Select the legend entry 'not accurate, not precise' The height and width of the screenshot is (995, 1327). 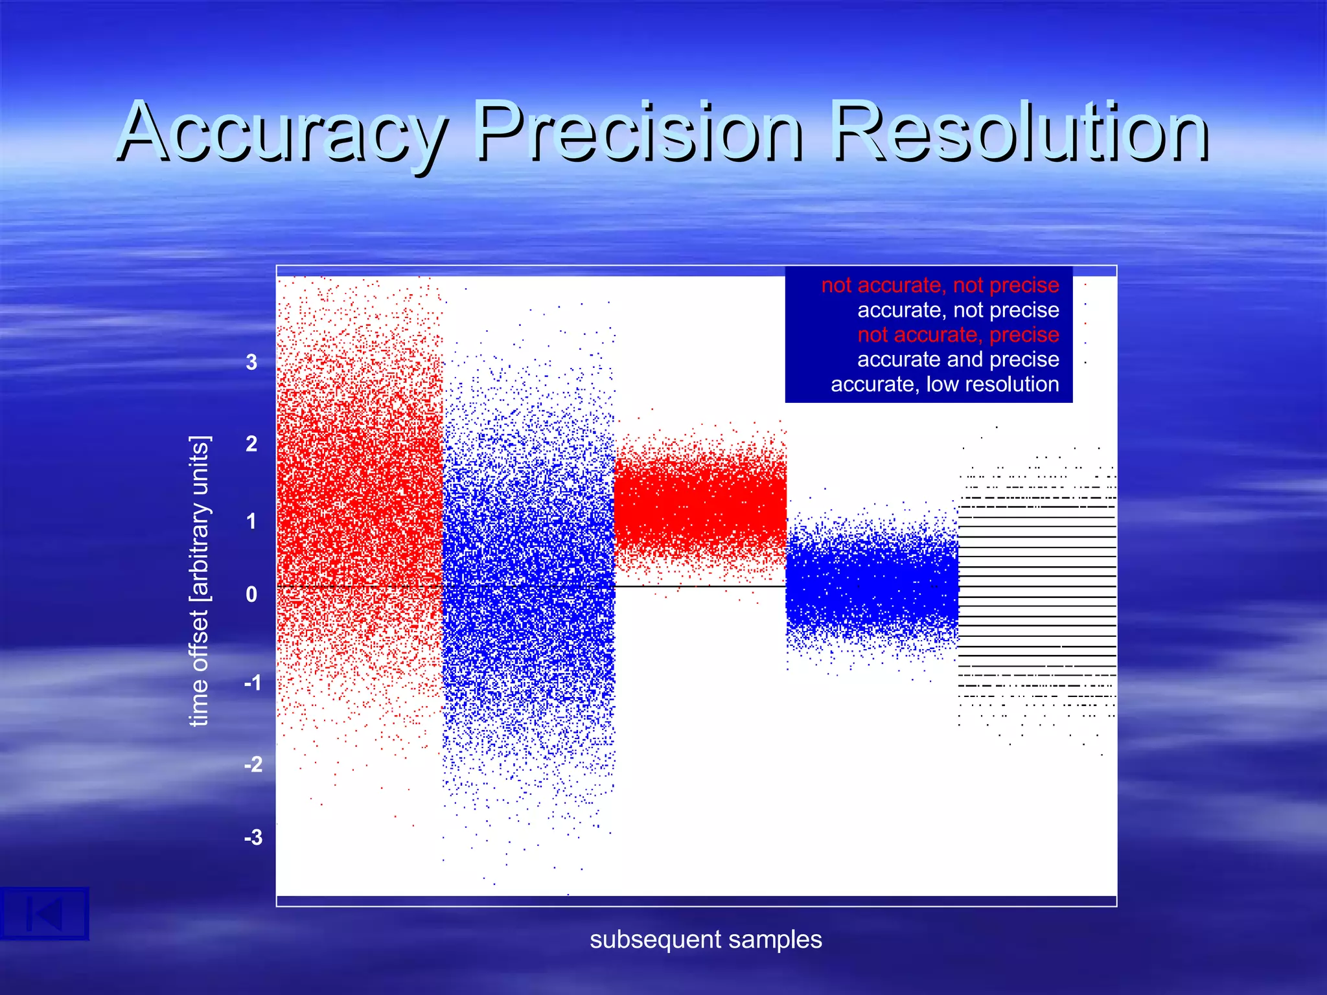click(x=940, y=285)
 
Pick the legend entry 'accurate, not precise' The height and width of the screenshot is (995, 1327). click(x=958, y=310)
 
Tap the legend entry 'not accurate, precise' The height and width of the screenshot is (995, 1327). click(x=958, y=335)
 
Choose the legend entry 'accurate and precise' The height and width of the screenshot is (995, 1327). click(x=958, y=360)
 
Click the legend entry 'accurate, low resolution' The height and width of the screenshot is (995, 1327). click(x=945, y=384)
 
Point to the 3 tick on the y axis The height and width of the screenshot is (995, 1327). click(x=251, y=362)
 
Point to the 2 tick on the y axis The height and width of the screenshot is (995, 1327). click(x=251, y=444)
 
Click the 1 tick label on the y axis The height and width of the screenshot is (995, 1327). click(x=251, y=521)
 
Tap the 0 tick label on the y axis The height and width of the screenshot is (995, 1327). click(x=251, y=594)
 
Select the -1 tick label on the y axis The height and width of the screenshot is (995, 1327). click(x=253, y=683)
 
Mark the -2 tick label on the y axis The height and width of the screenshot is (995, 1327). click(x=253, y=764)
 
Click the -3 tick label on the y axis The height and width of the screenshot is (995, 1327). click(x=253, y=838)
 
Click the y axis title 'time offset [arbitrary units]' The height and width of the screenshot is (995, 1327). click(x=199, y=581)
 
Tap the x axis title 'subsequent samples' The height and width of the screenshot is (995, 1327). click(x=706, y=939)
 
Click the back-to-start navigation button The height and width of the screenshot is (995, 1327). click(x=44, y=914)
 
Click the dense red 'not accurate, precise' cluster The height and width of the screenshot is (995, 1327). click(x=700, y=505)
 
